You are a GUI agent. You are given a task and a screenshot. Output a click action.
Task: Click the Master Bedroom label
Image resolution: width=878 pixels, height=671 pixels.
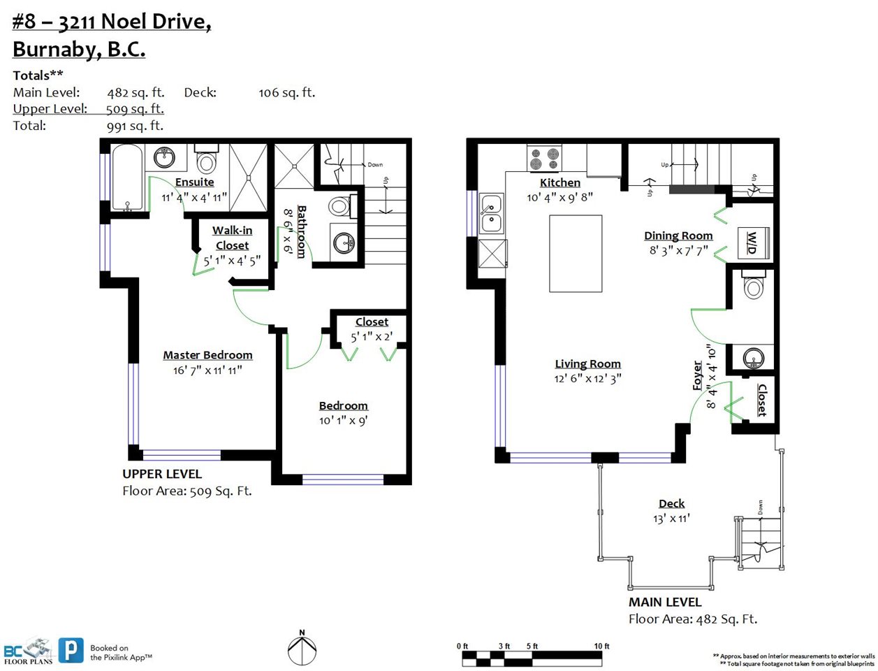(207, 355)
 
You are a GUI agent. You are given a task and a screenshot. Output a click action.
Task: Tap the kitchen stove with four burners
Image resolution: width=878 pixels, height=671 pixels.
(544, 159)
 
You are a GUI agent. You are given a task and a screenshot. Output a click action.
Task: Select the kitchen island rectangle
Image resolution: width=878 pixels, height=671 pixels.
(576, 254)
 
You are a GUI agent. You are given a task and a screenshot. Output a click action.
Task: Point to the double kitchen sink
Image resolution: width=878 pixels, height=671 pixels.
(491, 214)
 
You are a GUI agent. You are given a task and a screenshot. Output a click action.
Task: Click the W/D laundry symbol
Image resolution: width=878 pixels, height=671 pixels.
(753, 243)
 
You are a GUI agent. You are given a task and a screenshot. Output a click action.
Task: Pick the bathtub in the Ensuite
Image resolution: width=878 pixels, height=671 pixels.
(127, 178)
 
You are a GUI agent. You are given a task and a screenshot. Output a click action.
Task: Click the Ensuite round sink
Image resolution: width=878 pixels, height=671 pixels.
(165, 158)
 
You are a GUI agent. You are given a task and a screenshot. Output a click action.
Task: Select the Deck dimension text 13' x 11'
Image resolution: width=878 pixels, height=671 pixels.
(672, 519)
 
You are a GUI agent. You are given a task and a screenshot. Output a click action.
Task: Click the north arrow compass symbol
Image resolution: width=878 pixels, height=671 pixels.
(302, 650)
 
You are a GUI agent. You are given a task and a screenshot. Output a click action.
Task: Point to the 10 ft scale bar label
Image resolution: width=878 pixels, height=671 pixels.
(601, 647)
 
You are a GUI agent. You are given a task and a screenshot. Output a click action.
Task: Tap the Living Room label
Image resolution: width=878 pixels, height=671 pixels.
(587, 363)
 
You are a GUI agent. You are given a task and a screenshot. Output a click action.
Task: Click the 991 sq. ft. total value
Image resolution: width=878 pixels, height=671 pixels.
(135, 127)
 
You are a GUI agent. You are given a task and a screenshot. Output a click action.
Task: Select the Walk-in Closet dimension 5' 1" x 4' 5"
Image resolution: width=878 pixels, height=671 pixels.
(232, 261)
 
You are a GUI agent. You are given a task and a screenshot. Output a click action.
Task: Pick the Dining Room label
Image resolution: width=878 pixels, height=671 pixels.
(678, 236)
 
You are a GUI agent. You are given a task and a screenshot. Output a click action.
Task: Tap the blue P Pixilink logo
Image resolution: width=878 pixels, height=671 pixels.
(71, 650)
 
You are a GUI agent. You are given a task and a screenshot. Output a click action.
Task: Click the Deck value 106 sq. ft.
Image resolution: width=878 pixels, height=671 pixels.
(287, 93)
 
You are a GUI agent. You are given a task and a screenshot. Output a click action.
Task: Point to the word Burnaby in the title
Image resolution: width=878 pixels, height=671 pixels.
(57, 50)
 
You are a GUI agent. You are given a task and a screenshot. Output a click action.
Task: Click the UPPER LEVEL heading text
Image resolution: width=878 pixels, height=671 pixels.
(162, 474)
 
